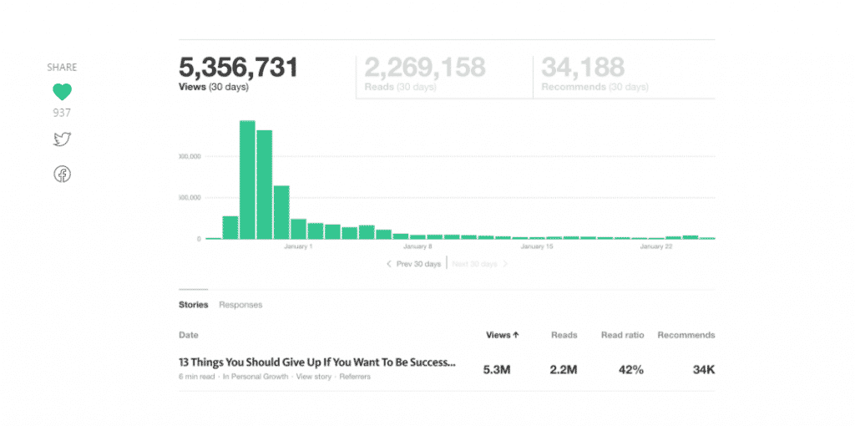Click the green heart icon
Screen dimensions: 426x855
point(62,92)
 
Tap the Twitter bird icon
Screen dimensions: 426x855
point(62,139)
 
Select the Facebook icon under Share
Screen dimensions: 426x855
point(63,174)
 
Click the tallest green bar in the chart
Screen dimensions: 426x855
point(247,179)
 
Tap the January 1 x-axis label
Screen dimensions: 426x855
point(298,246)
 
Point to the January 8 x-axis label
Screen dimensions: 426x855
point(417,246)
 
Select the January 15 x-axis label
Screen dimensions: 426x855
point(537,246)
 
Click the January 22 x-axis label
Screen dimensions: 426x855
point(656,246)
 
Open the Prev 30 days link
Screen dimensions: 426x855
point(413,264)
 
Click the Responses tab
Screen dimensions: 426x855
point(240,305)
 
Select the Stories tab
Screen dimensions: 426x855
point(194,305)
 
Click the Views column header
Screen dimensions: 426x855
point(503,335)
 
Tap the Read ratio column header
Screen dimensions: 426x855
point(622,335)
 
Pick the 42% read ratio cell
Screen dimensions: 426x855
point(630,369)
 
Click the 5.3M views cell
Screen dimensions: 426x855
point(497,369)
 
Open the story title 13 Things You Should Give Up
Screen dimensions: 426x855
point(317,363)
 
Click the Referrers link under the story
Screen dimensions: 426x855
point(355,377)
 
